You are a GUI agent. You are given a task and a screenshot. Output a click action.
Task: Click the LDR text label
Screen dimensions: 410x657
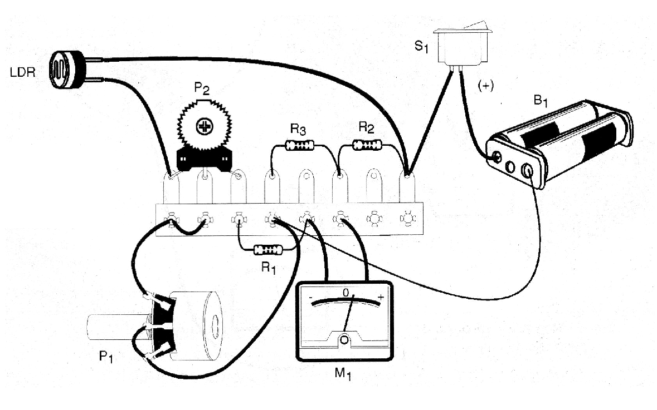(22, 73)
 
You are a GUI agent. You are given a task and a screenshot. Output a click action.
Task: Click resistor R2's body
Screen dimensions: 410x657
(368, 146)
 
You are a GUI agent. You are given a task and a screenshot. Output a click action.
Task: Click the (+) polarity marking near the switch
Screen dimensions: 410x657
(485, 86)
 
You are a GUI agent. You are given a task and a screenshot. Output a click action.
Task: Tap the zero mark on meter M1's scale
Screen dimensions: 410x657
(345, 292)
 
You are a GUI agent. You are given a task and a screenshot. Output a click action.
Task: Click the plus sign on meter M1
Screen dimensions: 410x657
(381, 298)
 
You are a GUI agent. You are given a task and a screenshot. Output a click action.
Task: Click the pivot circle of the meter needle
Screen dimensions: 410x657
(344, 339)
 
